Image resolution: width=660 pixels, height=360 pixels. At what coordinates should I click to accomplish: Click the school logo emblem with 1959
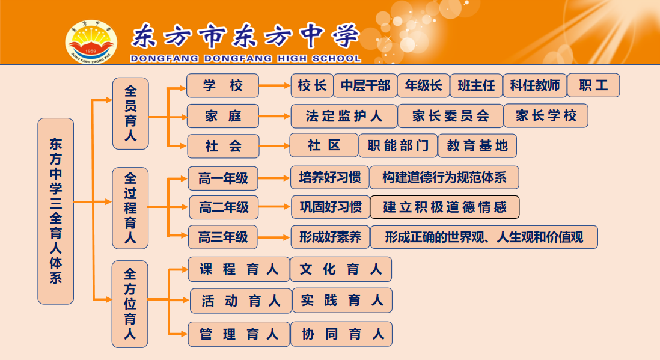[x=91, y=42]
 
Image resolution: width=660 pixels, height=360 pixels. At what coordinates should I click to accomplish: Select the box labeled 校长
[x=312, y=85]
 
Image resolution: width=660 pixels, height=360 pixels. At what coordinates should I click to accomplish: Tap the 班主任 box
[x=476, y=85]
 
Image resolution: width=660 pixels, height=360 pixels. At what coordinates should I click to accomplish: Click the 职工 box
[x=593, y=85]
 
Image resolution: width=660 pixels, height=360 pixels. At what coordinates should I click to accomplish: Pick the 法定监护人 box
[x=344, y=116]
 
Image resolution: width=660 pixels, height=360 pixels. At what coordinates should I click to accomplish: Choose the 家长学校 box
[x=546, y=116]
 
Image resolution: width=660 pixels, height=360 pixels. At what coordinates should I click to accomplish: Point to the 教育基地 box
[x=477, y=145]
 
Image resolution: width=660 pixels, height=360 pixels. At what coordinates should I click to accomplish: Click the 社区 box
[x=324, y=145]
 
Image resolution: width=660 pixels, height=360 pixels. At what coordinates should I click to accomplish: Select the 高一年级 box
[x=223, y=178]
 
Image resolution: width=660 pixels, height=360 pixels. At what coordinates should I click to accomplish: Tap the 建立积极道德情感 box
[x=444, y=207]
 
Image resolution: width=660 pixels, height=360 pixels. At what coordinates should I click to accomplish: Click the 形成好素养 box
[x=331, y=237]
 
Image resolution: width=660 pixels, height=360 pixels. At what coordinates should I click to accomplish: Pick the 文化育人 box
[x=341, y=269]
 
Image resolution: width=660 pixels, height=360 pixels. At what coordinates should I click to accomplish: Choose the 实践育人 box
[x=342, y=301]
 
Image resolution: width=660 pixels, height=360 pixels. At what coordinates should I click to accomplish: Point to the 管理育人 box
[x=239, y=334]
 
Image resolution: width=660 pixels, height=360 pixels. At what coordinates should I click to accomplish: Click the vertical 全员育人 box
[x=130, y=114]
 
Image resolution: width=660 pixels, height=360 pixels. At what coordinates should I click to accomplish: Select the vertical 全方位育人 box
[x=130, y=304]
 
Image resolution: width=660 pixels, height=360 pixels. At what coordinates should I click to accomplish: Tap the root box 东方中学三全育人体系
[x=55, y=211]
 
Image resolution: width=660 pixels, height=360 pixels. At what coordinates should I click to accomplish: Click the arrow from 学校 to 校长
[x=275, y=85]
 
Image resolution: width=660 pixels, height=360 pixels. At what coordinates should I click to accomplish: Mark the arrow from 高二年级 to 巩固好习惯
[x=275, y=207]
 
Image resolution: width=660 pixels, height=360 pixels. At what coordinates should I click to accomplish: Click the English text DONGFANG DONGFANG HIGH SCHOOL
[x=246, y=58]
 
